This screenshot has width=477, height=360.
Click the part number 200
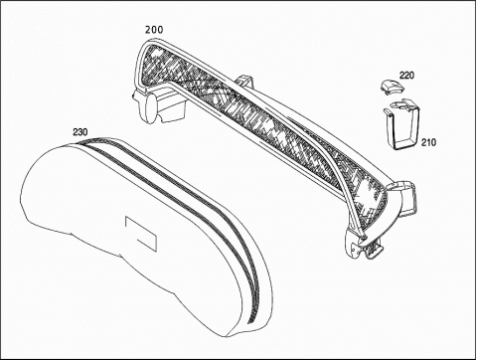154,30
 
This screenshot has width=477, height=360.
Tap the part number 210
428,142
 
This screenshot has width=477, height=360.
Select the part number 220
406,76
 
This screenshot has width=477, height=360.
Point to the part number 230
80,132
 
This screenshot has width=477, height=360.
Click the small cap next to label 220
392,87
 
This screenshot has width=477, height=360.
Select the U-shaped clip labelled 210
402,124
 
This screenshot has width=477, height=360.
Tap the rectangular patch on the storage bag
140,234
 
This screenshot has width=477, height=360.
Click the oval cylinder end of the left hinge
151,108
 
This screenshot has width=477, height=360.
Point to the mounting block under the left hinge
171,106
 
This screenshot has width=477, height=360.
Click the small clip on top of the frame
244,82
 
